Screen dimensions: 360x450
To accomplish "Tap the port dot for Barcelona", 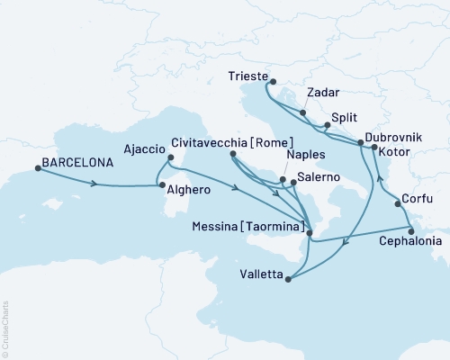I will [36, 166].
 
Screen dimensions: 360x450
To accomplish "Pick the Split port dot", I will [327, 125].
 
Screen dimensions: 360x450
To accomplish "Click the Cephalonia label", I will [411, 242].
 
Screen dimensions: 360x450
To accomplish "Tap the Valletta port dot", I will [288, 279].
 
